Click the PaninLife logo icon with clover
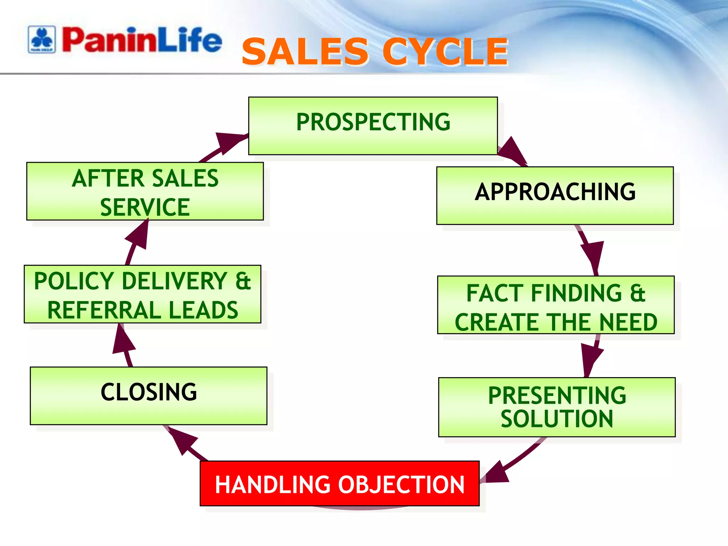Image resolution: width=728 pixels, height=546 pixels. [42, 39]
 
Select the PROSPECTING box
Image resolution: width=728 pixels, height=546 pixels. [373, 125]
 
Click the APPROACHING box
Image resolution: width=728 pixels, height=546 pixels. [555, 195]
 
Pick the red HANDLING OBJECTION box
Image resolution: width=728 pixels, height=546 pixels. [339, 483]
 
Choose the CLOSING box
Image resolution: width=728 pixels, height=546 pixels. [149, 395]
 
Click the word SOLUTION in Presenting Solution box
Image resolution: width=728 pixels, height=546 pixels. [557, 419]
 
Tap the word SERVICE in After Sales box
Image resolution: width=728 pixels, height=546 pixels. [145, 207]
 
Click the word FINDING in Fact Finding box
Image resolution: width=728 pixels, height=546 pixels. [576, 293]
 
